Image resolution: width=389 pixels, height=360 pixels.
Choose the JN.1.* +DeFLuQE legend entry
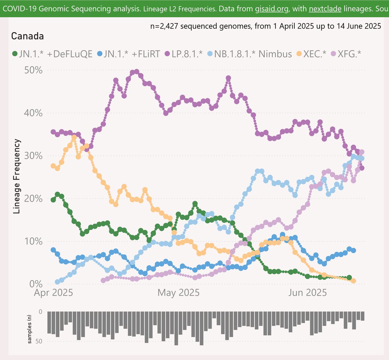pos(52,54)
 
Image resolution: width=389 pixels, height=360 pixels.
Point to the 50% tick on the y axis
pos(33,70)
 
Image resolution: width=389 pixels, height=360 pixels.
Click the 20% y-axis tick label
pos(33,198)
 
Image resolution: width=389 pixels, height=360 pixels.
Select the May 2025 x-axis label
pos(178,293)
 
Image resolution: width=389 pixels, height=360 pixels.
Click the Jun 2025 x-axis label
pos(307,293)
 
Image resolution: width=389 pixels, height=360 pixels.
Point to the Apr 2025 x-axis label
pos(53,293)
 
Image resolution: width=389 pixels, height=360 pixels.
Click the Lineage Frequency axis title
pos(17,176)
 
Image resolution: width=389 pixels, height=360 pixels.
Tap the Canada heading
pos(28,36)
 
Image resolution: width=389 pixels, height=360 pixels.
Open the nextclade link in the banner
pos(325,8)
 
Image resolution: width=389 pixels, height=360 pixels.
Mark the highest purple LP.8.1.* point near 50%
pos(136,72)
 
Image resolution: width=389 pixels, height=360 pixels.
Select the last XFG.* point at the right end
pos(362,152)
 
